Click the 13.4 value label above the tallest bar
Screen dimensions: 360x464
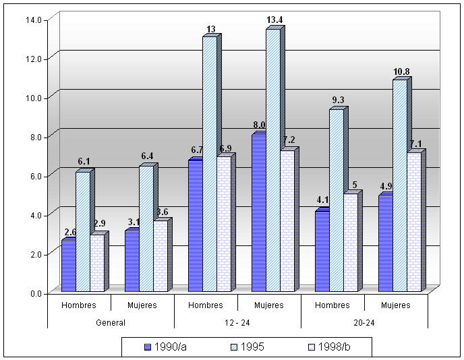click(274, 20)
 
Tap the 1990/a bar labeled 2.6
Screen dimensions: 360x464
click(68, 265)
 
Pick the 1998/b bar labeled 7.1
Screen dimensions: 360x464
click(413, 222)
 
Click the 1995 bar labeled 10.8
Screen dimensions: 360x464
click(399, 185)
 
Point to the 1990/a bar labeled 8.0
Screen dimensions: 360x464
click(258, 213)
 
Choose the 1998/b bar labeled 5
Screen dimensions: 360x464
click(350, 242)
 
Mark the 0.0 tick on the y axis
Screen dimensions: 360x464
click(34, 293)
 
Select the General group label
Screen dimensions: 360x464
click(111, 322)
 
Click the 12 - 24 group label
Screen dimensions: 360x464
click(237, 322)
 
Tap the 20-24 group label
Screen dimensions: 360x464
click(364, 322)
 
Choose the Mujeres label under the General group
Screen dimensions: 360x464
click(142, 305)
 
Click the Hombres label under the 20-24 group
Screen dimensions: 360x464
click(332, 305)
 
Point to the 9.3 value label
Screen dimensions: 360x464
click(338, 100)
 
